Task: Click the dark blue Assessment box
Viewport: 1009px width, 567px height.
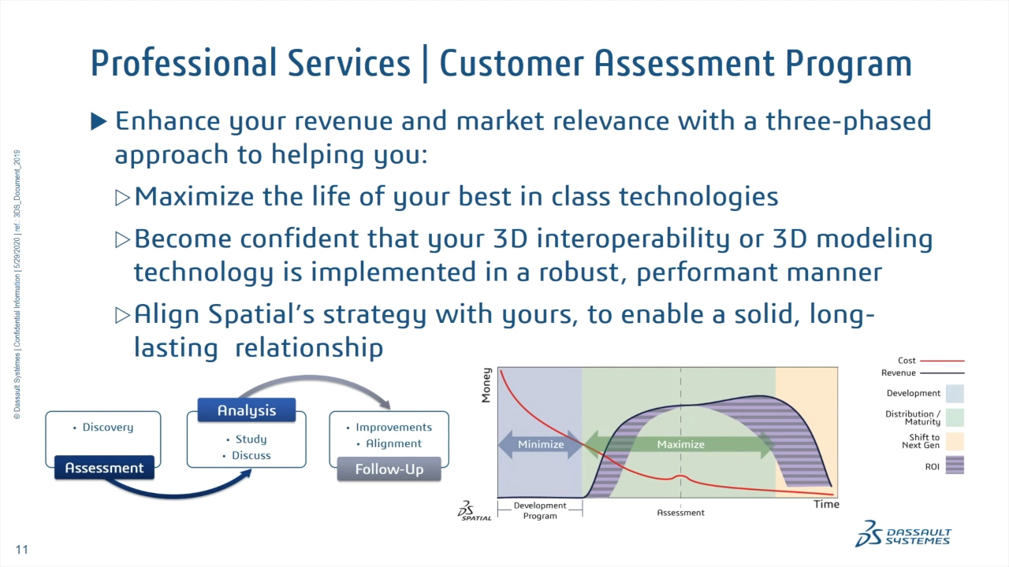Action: [x=104, y=468]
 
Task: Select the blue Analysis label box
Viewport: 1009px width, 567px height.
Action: [x=247, y=410]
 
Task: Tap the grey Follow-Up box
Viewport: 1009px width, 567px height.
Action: [x=389, y=469]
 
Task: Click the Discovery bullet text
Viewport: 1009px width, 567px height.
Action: [x=108, y=428]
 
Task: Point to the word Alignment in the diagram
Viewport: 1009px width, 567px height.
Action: [x=393, y=443]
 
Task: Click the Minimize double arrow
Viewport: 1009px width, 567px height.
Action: [x=541, y=444]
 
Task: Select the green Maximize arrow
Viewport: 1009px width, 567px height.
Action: [x=680, y=444]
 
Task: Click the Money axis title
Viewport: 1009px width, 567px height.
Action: [x=486, y=385]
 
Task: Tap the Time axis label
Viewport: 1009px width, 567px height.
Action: [x=826, y=504]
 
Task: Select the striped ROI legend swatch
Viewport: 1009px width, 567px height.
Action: [x=954, y=466]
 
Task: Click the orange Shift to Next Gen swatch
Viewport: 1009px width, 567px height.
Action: [x=954, y=441]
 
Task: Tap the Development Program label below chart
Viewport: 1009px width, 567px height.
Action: [x=540, y=510]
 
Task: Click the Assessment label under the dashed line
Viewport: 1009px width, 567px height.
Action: [x=680, y=513]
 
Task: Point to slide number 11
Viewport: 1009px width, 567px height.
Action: [x=21, y=549]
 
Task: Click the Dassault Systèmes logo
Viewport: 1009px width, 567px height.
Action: [x=903, y=533]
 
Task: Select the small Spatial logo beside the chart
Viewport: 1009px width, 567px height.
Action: [x=475, y=511]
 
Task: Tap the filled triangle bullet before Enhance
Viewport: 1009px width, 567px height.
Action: [x=99, y=121]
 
